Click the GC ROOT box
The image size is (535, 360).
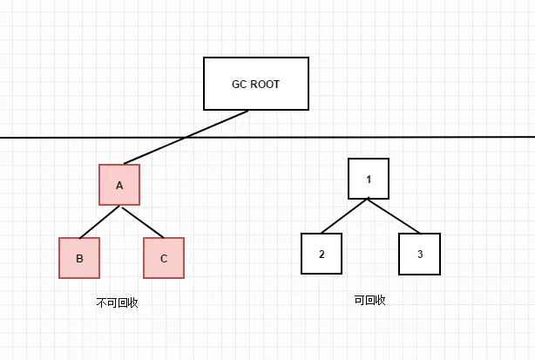click(255, 84)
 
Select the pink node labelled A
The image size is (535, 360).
click(120, 185)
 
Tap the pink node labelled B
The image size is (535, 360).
click(79, 258)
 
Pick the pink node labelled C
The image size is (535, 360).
click(164, 258)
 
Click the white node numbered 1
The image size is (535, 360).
click(369, 179)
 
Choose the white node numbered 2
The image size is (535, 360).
click(322, 254)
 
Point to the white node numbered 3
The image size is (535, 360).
click(419, 254)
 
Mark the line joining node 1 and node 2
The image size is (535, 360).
click(345, 215)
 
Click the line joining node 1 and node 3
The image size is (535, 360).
click(394, 215)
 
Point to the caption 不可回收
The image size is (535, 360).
click(118, 303)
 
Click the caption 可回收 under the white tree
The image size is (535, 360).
click(369, 299)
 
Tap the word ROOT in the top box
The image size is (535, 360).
click(266, 85)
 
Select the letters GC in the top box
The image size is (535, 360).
click(239, 85)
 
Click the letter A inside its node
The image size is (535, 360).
click(120, 185)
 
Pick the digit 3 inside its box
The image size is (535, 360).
click(419, 254)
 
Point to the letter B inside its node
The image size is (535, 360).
click(79, 258)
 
